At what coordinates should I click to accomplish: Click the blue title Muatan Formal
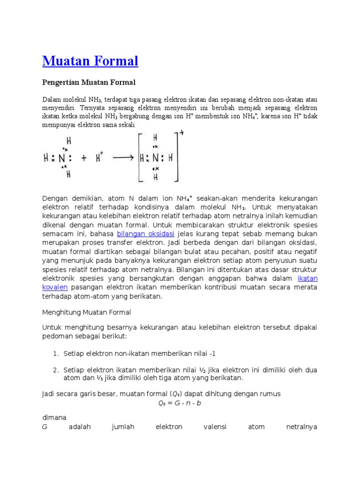90,61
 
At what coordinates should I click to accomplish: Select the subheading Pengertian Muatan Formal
89,82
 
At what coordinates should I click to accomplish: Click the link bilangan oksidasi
145,233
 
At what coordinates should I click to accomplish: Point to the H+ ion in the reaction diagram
99,158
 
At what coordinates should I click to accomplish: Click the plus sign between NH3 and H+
83,158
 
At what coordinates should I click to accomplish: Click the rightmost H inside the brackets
171,158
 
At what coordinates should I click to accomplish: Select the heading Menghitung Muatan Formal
86,312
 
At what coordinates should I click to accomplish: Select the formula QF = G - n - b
180,403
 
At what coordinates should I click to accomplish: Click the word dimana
54,417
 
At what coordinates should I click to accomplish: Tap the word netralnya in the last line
301,427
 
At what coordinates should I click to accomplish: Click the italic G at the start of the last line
45,427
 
